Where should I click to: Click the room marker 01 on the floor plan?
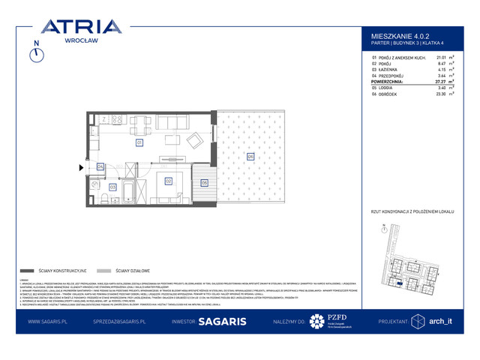[x=139, y=142]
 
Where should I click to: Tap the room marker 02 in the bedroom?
[x=169, y=181]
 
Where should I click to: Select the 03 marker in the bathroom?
[x=113, y=186]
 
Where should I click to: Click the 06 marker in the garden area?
[x=250, y=156]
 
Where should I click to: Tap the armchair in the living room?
[x=193, y=139]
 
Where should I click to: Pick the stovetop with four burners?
[x=117, y=120]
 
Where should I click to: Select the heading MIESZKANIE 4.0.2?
[x=401, y=34]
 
